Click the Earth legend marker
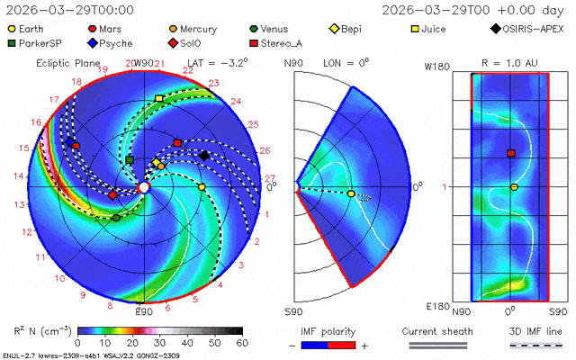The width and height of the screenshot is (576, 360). point(12,29)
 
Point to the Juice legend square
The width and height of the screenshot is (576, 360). point(414,29)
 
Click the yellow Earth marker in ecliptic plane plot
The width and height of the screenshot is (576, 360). point(202,186)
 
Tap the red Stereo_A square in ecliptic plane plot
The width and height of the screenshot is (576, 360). point(177,143)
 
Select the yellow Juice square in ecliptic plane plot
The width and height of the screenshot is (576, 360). point(159,97)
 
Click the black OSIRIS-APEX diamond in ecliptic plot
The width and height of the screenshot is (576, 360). point(203,156)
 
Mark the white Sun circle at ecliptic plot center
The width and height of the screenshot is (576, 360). point(144,187)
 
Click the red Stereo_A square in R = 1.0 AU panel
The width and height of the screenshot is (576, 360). point(511,154)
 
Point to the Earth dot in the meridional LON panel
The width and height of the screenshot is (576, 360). point(351,193)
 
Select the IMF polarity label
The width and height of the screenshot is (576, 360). point(332,330)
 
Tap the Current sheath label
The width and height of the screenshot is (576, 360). point(433,330)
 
